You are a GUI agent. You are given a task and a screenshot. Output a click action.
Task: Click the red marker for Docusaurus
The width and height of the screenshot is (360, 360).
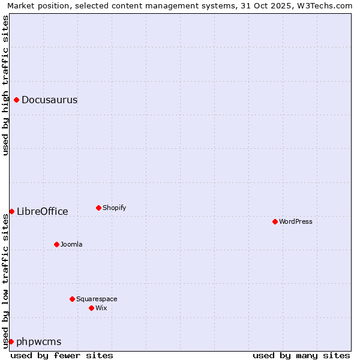pyautogui.click(x=17, y=100)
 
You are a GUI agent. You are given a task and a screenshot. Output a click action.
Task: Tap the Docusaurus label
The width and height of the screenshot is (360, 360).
pyautogui.click(x=49, y=100)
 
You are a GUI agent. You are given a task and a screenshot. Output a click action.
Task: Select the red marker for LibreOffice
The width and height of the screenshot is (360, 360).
pyautogui.click(x=11, y=211)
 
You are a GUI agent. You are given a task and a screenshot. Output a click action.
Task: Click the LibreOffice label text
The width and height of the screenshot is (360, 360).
pyautogui.click(x=42, y=211)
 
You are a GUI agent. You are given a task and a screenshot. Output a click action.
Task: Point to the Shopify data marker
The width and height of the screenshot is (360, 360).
pyautogui.click(x=98, y=208)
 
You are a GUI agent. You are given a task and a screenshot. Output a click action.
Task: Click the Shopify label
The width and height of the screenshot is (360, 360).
pyautogui.click(x=114, y=208)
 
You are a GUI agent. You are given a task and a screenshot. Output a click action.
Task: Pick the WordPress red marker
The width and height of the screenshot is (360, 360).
pyautogui.click(x=275, y=221)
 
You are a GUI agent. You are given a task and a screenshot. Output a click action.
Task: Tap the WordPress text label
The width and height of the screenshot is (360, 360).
pyautogui.click(x=295, y=221)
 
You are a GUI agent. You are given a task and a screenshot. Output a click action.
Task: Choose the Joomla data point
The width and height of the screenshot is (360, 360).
pyautogui.click(x=56, y=244)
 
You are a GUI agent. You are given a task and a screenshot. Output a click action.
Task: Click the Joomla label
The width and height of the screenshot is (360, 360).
pyautogui.click(x=71, y=244)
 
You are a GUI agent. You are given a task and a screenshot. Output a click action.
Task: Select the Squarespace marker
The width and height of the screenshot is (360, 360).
pyautogui.click(x=72, y=299)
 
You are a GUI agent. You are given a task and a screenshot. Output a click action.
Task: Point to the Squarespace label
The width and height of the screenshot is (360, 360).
pyautogui.click(x=97, y=299)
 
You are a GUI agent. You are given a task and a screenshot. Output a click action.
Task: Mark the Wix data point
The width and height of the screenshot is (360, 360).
pyautogui.click(x=91, y=308)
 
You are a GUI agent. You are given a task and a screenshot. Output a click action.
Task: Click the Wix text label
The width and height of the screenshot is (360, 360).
pyautogui.click(x=101, y=308)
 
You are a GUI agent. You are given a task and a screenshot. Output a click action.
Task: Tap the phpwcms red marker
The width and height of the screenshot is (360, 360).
pyautogui.click(x=11, y=341)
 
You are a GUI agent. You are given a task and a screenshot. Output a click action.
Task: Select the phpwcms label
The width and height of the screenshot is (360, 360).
pyautogui.click(x=38, y=342)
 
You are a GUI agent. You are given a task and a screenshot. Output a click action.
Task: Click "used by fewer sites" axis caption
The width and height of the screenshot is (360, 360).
pyautogui.click(x=62, y=355)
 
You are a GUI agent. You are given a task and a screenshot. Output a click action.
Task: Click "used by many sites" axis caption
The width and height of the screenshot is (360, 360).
pyautogui.click(x=301, y=355)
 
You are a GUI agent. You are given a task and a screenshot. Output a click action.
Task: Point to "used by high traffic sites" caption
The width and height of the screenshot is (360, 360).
pyautogui.click(x=5, y=85)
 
